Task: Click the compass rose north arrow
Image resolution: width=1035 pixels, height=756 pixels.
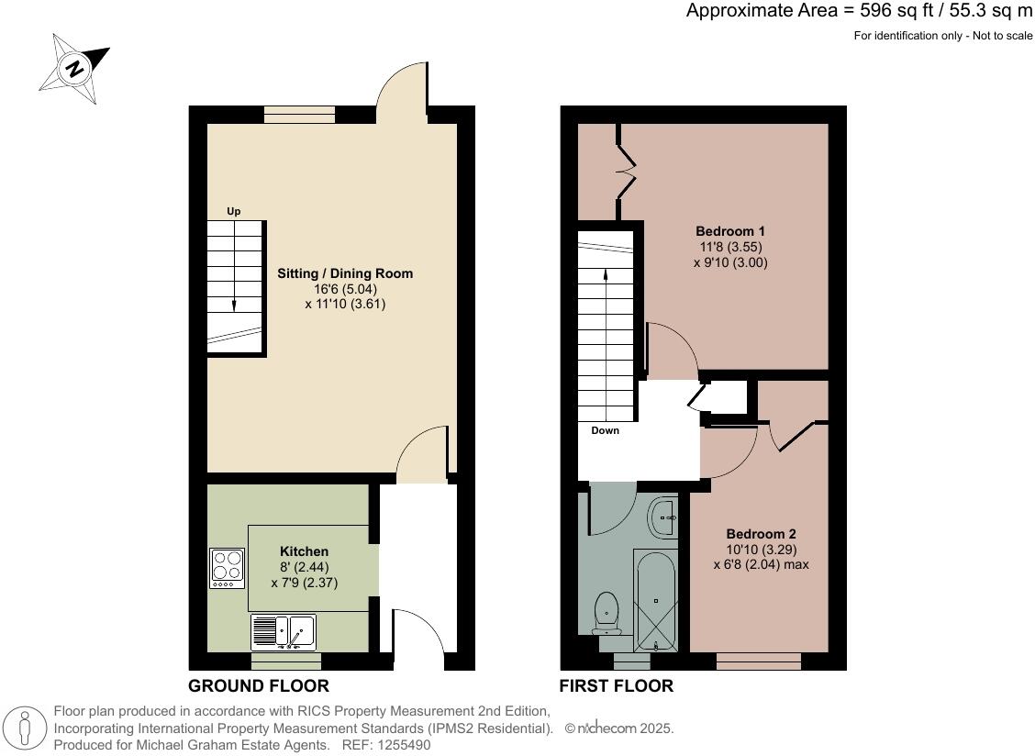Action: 74,67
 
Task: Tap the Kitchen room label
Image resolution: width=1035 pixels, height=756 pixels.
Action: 304,551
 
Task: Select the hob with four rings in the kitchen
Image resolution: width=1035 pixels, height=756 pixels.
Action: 227,568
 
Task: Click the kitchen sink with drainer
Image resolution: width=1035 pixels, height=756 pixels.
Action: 284,632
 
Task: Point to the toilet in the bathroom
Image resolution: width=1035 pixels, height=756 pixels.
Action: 607,613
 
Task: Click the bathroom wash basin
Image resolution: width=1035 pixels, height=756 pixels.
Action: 662,518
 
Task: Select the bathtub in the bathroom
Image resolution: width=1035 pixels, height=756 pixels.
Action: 655,601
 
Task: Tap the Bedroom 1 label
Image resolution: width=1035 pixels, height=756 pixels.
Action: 730,230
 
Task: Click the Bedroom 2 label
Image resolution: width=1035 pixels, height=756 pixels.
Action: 761,534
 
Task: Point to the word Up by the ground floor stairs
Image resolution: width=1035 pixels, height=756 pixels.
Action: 234,212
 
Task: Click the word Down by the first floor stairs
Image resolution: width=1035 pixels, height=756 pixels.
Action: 605,430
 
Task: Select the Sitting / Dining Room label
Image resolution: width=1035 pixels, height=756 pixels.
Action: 345,273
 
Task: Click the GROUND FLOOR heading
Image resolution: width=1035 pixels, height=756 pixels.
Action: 258,686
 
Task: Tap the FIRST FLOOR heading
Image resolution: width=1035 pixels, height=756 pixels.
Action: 617,686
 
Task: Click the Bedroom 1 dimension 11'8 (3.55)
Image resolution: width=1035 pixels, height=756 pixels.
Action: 730,247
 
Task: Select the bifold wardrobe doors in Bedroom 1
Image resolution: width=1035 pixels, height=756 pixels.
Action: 627,172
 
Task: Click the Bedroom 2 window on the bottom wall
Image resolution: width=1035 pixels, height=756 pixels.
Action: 758,661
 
